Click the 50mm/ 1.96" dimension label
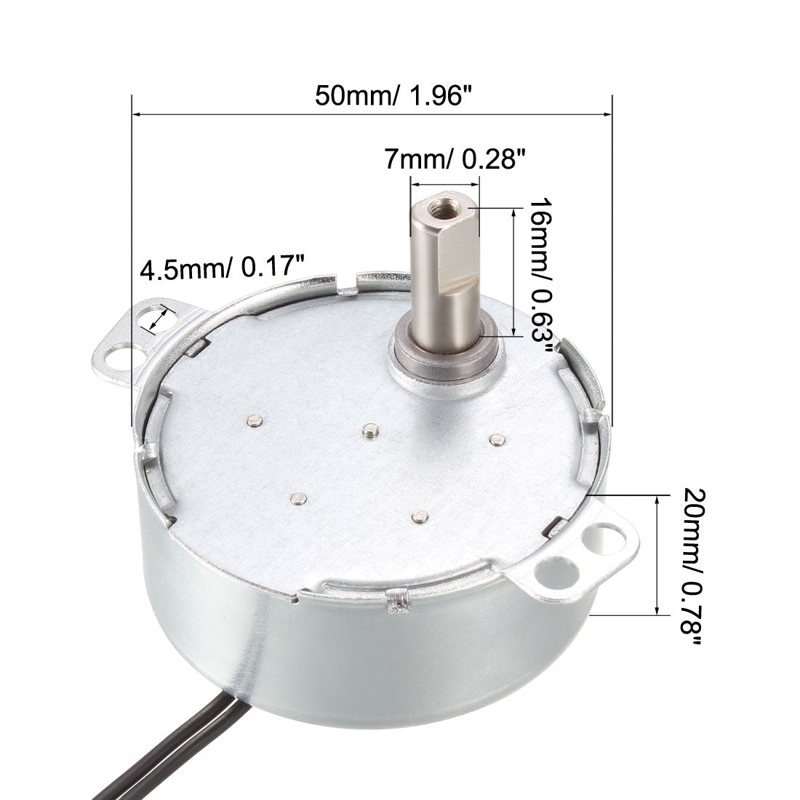coord(391,95)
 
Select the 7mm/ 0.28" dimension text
coord(454,159)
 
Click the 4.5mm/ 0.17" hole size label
coord(222,268)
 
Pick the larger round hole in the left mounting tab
coord(119,359)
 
